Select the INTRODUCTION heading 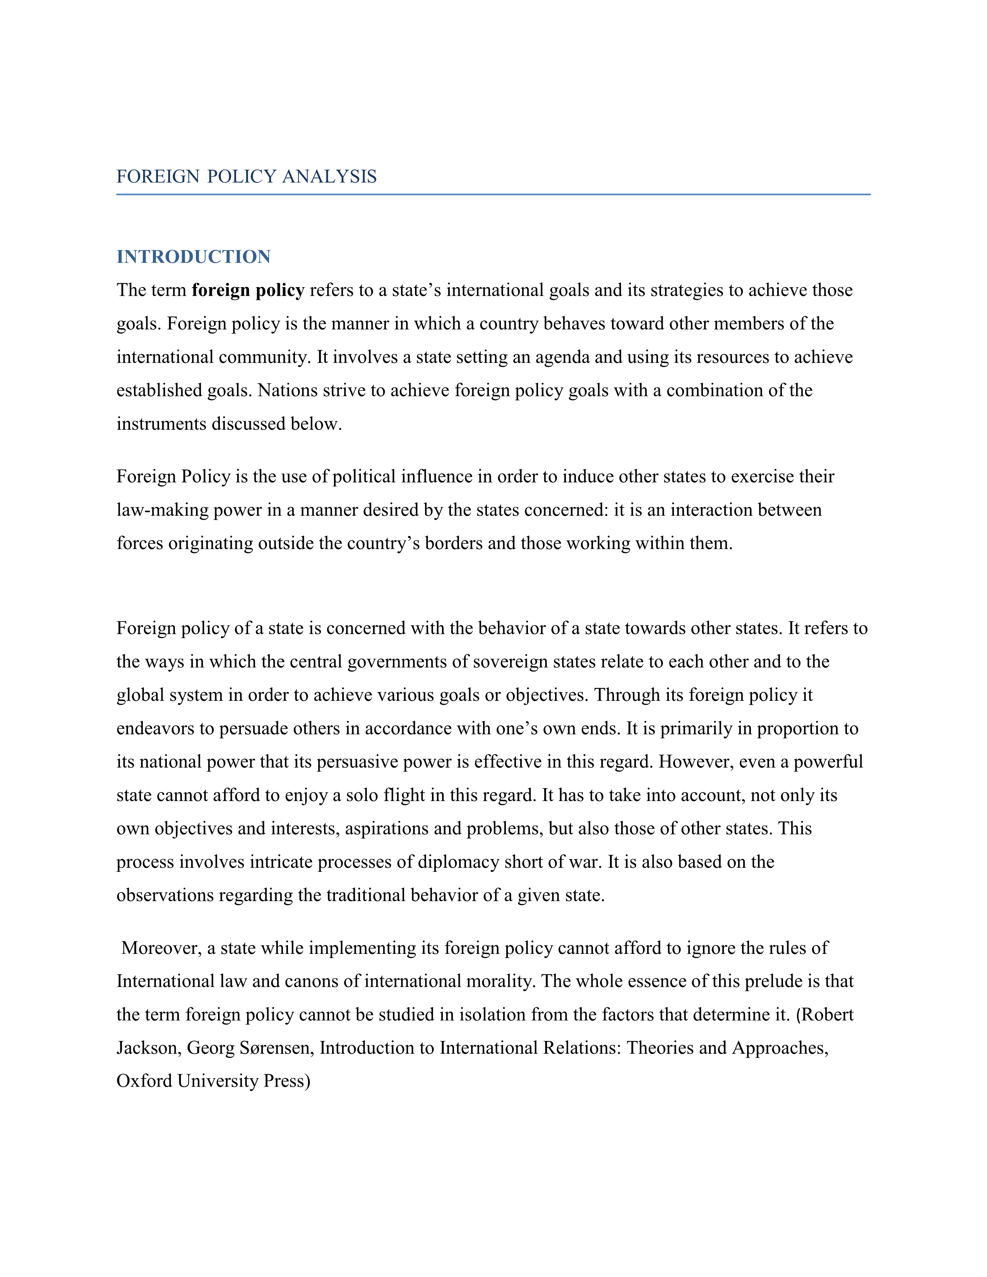pos(194,257)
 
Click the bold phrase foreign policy pos(248,291)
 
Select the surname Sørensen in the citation pos(277,1048)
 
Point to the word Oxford pos(144,1082)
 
